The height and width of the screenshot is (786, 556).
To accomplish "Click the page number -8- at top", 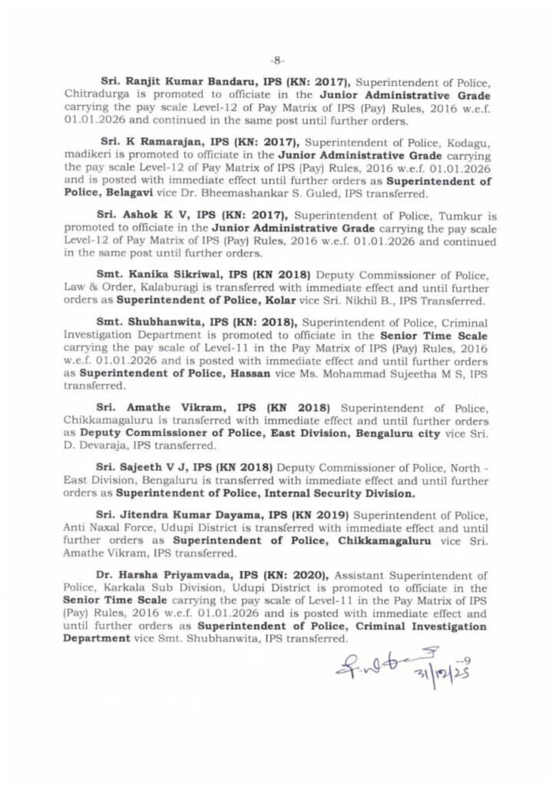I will [x=277, y=59].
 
